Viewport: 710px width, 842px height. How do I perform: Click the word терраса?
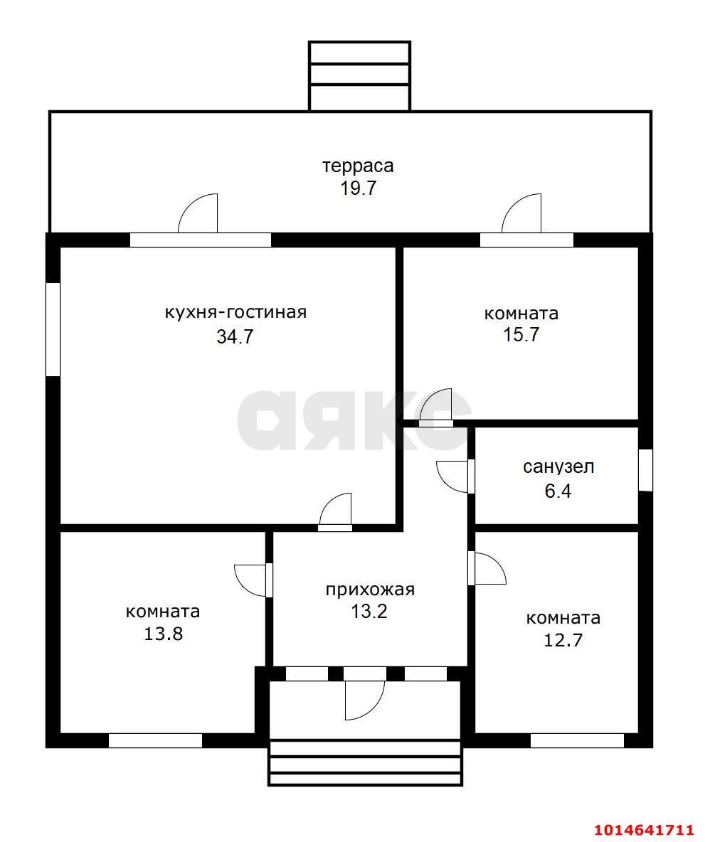point(358,166)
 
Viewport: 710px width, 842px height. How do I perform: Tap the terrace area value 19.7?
point(359,188)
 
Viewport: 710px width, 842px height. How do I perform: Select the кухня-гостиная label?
point(235,312)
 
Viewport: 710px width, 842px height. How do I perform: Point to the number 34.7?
point(235,336)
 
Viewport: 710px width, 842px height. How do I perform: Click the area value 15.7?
point(521,334)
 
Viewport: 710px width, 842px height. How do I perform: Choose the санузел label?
point(558,467)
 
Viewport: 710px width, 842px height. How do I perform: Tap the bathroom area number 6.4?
point(558,491)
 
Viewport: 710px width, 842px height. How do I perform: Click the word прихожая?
point(370,590)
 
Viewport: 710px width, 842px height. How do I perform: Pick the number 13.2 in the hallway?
point(369,611)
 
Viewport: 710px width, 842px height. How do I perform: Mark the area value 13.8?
point(163,634)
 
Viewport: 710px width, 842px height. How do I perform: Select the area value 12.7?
point(563,640)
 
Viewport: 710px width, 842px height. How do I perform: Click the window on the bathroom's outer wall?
point(645,470)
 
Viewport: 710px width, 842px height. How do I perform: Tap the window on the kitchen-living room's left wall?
point(53,329)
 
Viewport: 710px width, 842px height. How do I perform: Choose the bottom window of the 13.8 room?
point(156,740)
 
